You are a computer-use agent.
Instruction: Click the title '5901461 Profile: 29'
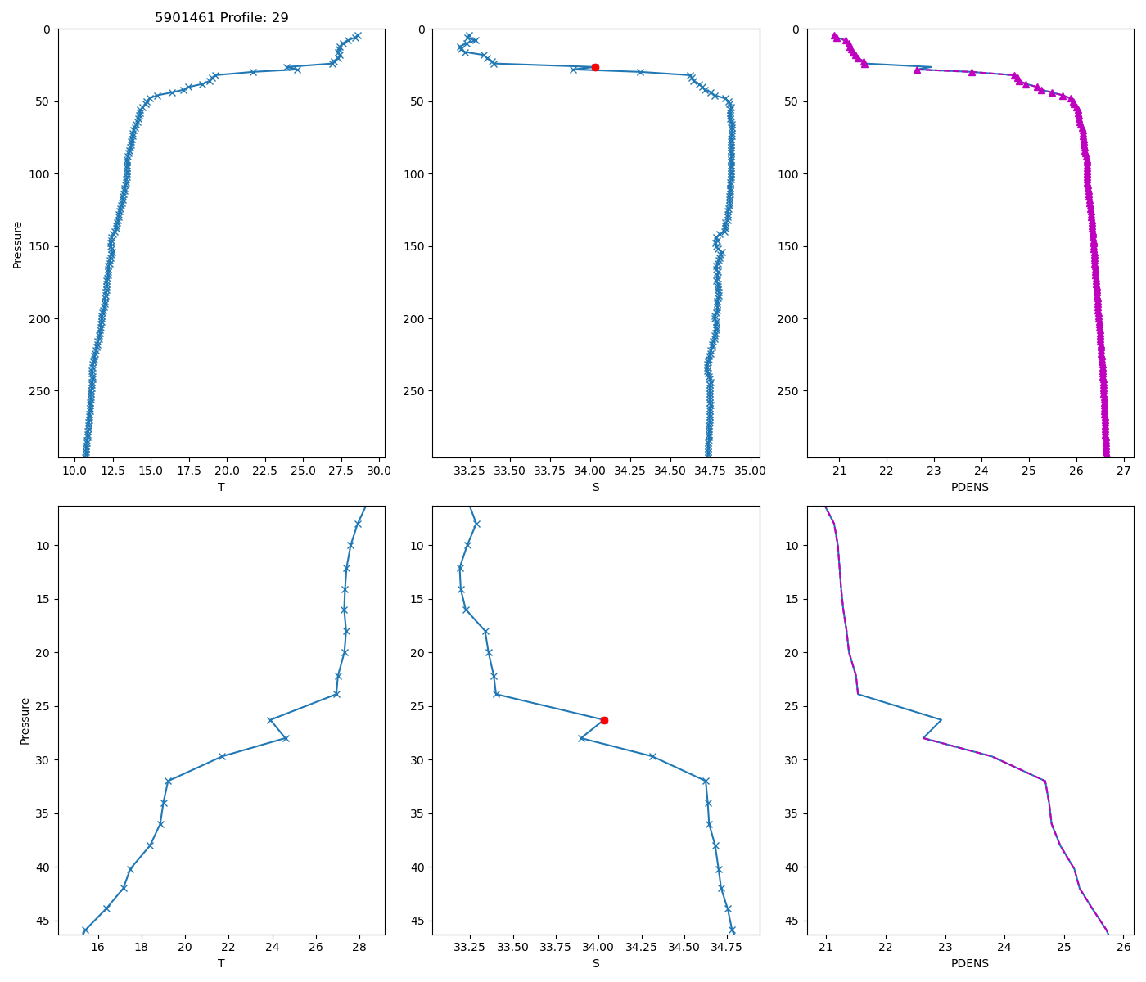[x=221, y=17]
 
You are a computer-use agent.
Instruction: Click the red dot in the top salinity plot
[x=595, y=67]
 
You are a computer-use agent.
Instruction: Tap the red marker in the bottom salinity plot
[x=604, y=720]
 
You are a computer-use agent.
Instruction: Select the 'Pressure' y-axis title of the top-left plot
[x=17, y=244]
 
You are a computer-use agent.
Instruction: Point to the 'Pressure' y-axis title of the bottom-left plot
[x=25, y=720]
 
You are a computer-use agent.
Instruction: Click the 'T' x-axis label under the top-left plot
[x=221, y=487]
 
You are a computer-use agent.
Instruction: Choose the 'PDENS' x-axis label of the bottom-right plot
[x=970, y=963]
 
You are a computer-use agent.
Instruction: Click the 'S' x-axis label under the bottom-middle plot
[x=596, y=963]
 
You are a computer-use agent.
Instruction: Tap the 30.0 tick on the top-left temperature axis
[x=378, y=471]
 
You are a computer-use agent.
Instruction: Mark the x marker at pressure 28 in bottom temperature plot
[x=285, y=738]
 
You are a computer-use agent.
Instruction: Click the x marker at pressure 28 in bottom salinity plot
[x=581, y=738]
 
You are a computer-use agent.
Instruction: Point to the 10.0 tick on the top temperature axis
[x=75, y=471]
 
